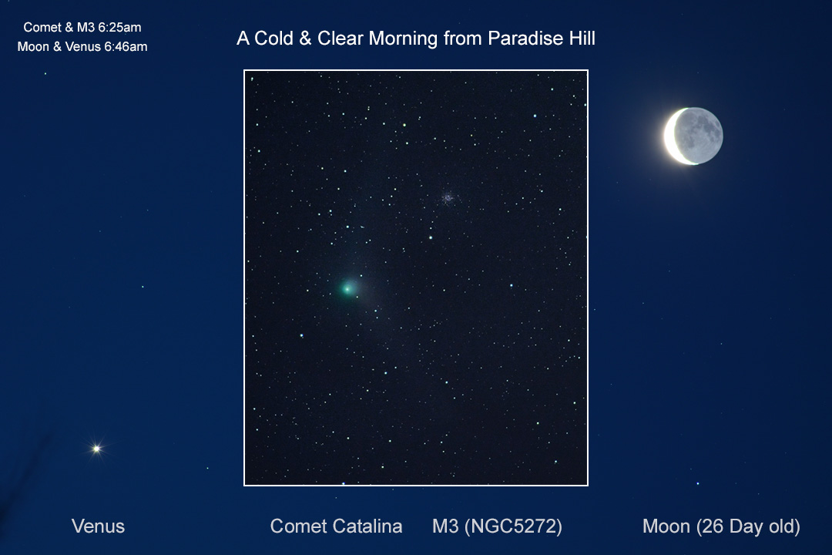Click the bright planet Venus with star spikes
96,449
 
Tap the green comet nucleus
347,288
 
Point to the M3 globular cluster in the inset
448,198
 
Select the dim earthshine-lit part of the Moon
699,135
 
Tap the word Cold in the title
273,39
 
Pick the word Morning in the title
403,39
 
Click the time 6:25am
119,27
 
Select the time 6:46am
126,47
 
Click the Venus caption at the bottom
98,526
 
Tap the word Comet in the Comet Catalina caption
298,526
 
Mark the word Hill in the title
582,39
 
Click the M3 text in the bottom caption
445,526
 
